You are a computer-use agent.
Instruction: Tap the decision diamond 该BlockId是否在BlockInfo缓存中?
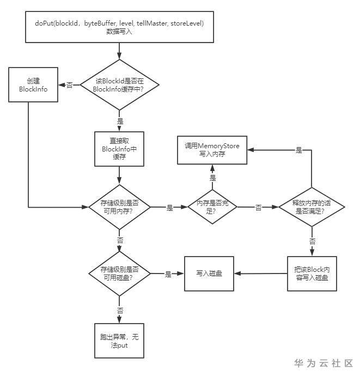(x=119, y=84)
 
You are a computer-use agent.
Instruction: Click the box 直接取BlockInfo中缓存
(x=119, y=148)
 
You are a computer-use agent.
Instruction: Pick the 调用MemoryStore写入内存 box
(x=212, y=150)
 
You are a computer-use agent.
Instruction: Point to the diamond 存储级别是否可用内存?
(x=119, y=207)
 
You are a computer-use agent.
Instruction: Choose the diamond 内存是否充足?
(x=212, y=207)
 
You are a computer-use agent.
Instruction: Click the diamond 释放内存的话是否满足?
(x=312, y=207)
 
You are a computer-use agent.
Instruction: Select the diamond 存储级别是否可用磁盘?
(x=119, y=273)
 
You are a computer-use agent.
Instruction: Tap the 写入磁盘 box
(x=210, y=273)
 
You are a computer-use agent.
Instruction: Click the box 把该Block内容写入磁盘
(x=312, y=273)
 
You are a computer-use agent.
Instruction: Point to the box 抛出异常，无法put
(x=119, y=342)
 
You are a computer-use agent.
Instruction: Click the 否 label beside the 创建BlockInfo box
(x=70, y=85)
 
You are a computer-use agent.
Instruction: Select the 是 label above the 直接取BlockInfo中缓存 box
(x=120, y=121)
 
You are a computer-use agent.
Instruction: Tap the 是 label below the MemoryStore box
(x=212, y=178)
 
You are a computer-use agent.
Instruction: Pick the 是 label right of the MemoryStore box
(x=298, y=150)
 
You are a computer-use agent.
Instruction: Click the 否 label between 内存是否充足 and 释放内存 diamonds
(x=258, y=208)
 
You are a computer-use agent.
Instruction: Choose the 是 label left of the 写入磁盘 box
(x=168, y=274)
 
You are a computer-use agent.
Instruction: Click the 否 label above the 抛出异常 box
(x=120, y=310)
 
